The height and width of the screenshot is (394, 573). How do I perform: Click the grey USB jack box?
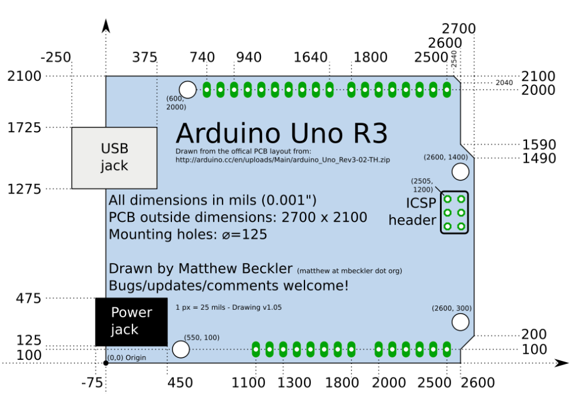click(x=114, y=157)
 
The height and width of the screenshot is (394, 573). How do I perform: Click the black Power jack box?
click(x=131, y=321)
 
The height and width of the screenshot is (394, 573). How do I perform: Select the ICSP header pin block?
click(x=454, y=212)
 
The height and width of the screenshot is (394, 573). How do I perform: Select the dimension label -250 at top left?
click(x=56, y=58)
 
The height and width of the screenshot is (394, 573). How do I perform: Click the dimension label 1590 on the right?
click(x=539, y=145)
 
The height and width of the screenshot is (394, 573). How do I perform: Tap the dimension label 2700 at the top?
click(x=458, y=29)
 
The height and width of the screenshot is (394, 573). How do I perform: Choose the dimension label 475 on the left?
click(x=28, y=298)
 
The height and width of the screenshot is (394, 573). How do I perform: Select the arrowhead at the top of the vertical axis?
click(x=106, y=25)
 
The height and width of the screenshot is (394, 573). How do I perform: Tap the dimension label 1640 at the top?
click(x=310, y=58)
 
